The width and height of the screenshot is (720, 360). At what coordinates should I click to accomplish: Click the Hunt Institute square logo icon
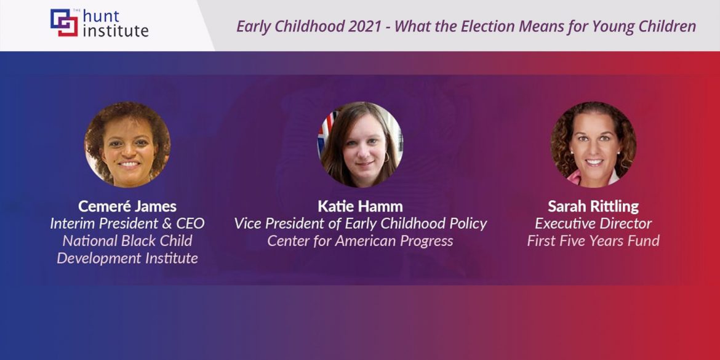pyautogui.click(x=64, y=23)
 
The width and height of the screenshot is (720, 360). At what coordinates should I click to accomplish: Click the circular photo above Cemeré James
pyautogui.click(x=127, y=144)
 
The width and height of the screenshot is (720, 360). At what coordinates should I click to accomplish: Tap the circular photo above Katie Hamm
pyautogui.click(x=360, y=144)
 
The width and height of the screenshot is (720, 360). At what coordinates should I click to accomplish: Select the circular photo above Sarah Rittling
pyautogui.click(x=593, y=144)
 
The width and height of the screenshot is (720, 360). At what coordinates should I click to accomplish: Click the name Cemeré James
pyautogui.click(x=127, y=206)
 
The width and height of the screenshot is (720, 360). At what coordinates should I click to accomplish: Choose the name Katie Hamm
pyautogui.click(x=360, y=206)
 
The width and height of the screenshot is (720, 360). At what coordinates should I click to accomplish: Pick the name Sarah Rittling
pyautogui.click(x=593, y=206)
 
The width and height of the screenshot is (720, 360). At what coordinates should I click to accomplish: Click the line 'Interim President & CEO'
pyautogui.click(x=127, y=223)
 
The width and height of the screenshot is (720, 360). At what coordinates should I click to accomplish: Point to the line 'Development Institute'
pyautogui.click(x=127, y=258)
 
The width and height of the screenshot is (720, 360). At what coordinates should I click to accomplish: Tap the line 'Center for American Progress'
pyautogui.click(x=360, y=241)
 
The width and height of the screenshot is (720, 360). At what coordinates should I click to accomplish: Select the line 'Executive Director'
pyautogui.click(x=593, y=223)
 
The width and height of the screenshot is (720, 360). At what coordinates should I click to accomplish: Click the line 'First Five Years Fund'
pyautogui.click(x=593, y=241)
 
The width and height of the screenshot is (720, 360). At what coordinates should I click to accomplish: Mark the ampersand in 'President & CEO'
pyautogui.click(x=166, y=223)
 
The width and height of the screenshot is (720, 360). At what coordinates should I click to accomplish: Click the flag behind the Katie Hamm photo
pyautogui.click(x=327, y=126)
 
